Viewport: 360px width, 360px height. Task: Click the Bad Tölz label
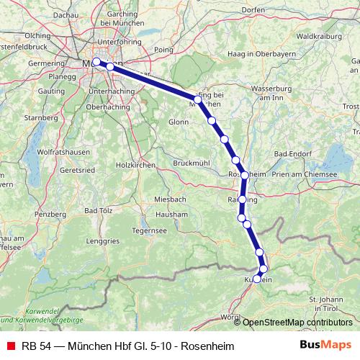[96, 210]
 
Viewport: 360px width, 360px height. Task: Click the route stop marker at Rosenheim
[245, 175]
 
